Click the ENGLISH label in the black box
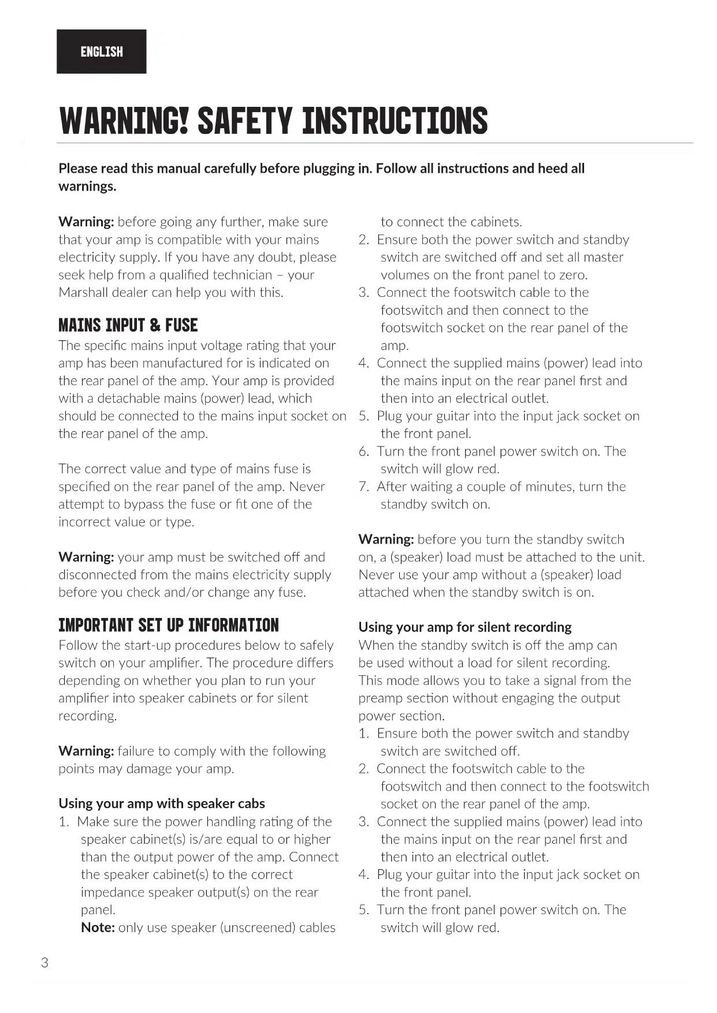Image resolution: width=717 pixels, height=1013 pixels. coord(102,52)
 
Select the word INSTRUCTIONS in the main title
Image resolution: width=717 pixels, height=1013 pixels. coord(395,121)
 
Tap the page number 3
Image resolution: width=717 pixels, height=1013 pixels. coord(45,963)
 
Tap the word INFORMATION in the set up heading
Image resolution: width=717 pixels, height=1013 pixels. coord(233,625)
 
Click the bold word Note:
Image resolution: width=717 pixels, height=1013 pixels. coord(98,928)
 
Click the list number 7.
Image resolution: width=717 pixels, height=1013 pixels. coord(363,487)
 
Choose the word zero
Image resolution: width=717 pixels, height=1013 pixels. coord(573,275)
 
